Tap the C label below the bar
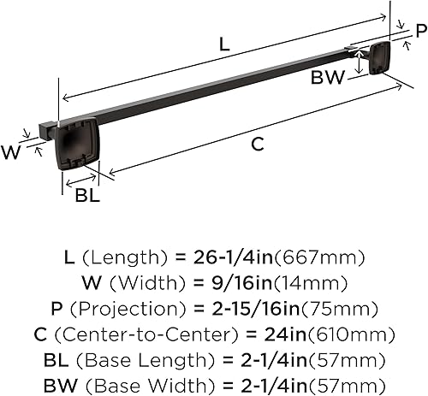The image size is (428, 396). [x=257, y=145]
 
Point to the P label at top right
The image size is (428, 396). [x=419, y=32]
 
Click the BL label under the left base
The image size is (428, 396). [x=87, y=195]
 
